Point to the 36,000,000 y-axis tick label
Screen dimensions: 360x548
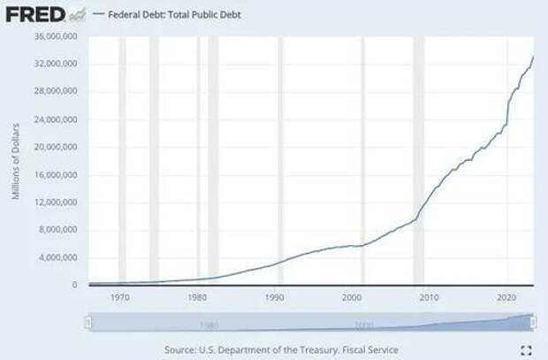(55, 36)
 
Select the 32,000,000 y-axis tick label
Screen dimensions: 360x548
(55, 64)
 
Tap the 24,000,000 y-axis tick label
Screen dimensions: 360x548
(55, 119)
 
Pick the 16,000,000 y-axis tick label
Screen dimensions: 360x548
(55, 174)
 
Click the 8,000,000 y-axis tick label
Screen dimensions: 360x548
(57, 230)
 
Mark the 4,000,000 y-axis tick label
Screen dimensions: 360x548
(57, 257)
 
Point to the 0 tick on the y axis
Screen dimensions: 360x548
(75, 285)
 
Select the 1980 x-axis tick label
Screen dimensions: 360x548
(199, 298)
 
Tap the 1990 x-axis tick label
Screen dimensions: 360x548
(276, 298)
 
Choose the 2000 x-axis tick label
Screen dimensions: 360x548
(353, 298)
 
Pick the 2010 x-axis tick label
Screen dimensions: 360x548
(430, 298)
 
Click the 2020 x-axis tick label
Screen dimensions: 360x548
(507, 298)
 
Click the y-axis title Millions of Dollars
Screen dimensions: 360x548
(16, 161)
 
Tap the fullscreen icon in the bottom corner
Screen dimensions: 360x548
(527, 350)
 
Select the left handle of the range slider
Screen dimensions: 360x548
(87, 323)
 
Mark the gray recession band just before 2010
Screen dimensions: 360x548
(418, 159)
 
